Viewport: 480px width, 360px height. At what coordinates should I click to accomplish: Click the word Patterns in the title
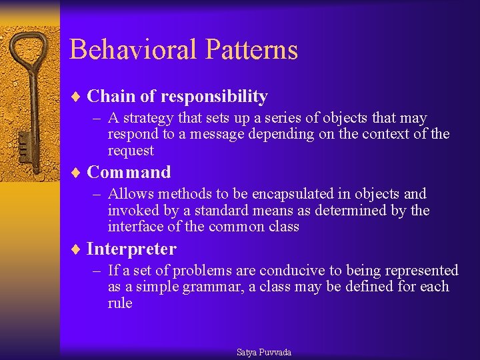(x=252, y=50)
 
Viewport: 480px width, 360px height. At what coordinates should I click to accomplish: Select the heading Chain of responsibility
(x=177, y=97)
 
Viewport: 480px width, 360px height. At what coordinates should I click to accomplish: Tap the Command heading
(x=129, y=173)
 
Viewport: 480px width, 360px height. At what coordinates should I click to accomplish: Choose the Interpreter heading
(x=131, y=249)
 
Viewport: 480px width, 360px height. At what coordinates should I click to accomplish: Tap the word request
(x=131, y=151)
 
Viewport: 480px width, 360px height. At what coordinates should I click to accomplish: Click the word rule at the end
(x=120, y=303)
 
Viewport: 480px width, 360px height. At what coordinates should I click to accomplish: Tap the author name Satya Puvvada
(x=264, y=352)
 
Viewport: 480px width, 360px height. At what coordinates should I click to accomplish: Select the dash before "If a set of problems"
(x=97, y=271)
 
